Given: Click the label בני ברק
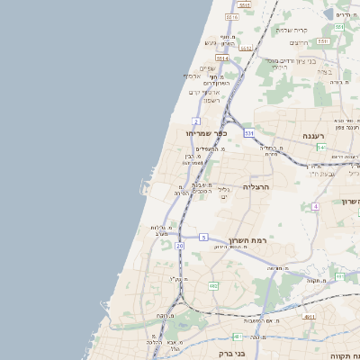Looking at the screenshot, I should click(x=232, y=354).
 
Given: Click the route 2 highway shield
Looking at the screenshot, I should click(x=196, y=121).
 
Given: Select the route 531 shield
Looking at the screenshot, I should click(x=248, y=133).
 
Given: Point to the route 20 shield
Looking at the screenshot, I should click(x=180, y=246).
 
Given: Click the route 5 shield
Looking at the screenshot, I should click(x=204, y=238).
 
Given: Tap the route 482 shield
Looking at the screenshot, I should click(x=213, y=286).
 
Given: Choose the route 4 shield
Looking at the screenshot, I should click(x=315, y=207).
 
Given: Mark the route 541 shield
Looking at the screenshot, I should click(x=321, y=147).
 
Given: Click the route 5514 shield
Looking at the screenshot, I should click(x=221, y=58).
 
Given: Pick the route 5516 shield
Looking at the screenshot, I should click(x=232, y=17).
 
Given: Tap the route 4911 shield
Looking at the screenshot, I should click(x=309, y=317).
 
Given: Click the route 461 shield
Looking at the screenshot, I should click(x=236, y=337).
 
